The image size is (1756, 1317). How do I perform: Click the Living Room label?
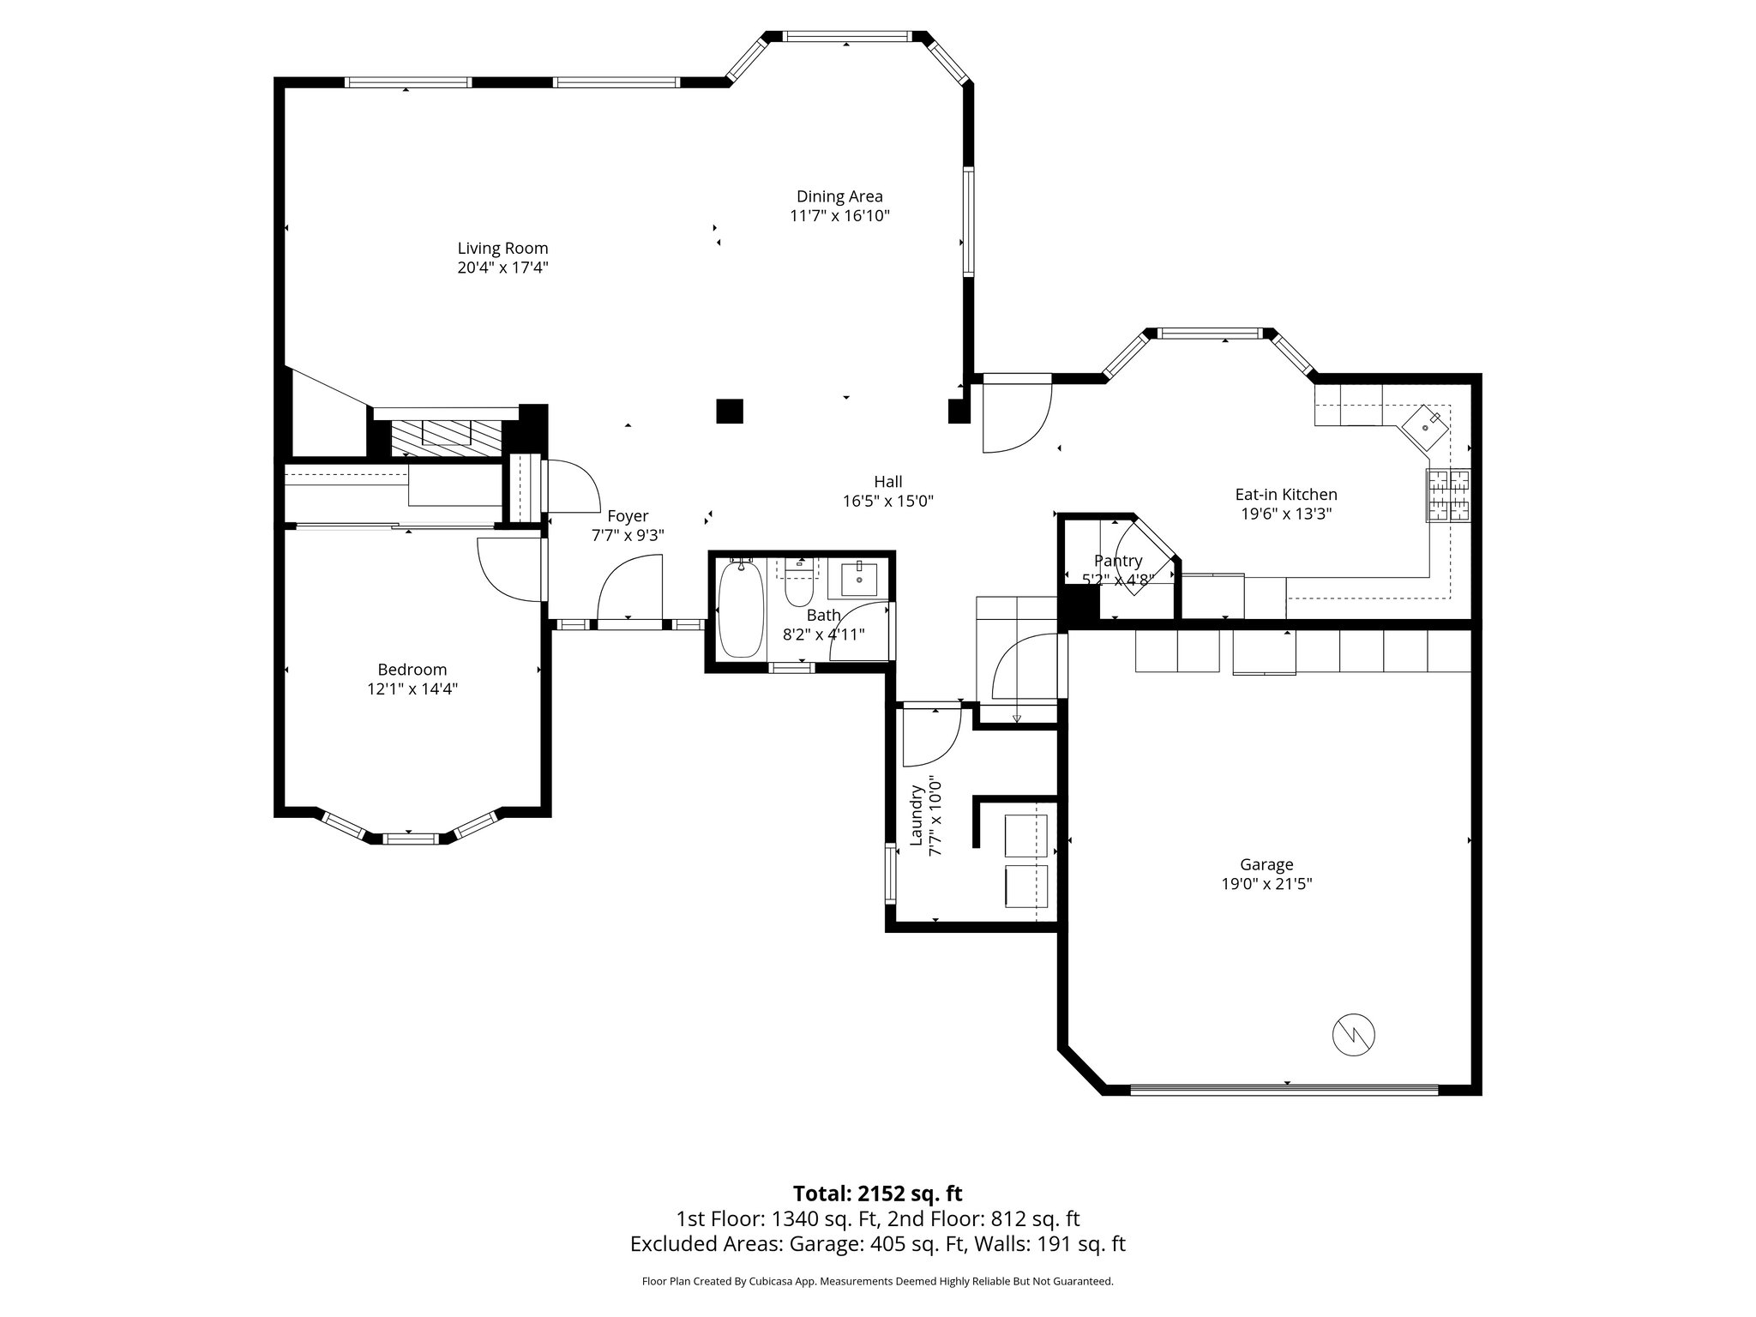click(502, 249)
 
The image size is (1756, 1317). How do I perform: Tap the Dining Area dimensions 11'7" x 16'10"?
click(839, 216)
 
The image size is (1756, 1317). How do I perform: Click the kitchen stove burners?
click(1448, 496)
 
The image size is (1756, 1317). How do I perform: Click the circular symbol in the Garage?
click(1353, 1035)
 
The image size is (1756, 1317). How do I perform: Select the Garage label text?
click(1266, 865)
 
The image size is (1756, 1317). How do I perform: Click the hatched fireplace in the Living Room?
click(446, 437)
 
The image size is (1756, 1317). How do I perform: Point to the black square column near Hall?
click(730, 412)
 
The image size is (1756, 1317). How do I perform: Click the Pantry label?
click(1118, 561)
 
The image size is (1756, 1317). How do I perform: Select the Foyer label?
click(628, 516)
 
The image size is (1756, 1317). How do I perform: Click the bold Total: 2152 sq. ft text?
click(877, 1194)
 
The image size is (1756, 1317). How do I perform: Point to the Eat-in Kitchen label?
click(1285, 495)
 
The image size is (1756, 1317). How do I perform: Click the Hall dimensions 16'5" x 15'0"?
click(887, 502)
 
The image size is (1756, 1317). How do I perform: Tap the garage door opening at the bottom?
click(1284, 1090)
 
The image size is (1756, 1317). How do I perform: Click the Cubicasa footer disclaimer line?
click(877, 1281)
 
